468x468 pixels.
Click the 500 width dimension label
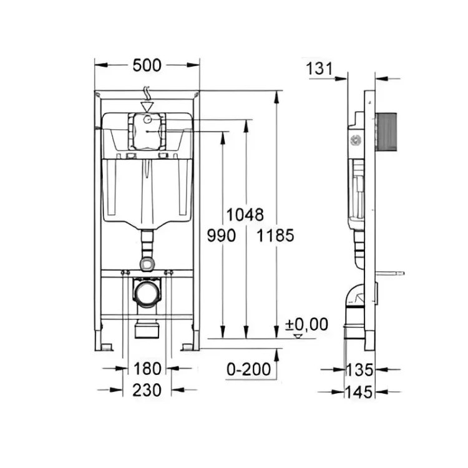click(x=147, y=65)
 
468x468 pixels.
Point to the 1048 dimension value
click(x=245, y=215)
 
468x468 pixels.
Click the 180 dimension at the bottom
click(x=147, y=369)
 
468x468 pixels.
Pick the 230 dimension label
click(x=147, y=390)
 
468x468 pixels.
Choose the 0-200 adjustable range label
click(x=249, y=369)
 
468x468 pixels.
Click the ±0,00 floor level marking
click(x=306, y=324)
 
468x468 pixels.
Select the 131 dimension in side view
click(x=319, y=69)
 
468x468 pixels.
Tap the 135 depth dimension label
click(x=359, y=369)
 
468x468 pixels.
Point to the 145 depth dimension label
click(x=359, y=392)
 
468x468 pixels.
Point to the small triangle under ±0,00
click(x=298, y=336)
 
